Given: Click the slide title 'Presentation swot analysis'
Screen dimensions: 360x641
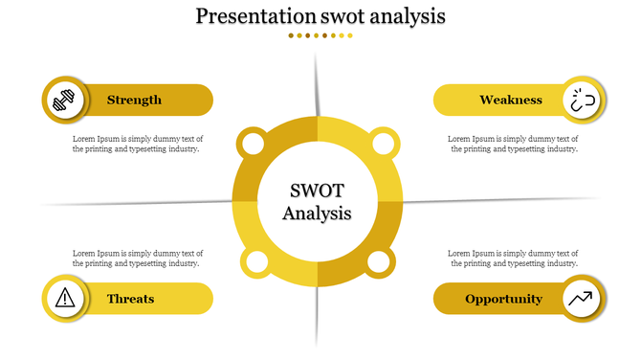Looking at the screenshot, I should [320, 16].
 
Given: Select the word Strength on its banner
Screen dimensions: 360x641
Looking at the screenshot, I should [134, 100].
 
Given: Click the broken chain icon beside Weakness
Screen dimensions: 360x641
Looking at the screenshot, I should [583, 100].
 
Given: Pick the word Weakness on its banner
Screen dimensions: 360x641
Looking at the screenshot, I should [511, 100].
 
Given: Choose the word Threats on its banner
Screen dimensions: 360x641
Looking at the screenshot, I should [130, 299].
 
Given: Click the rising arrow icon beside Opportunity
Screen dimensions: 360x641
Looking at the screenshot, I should [581, 299].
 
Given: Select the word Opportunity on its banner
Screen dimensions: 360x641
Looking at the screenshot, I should [503, 299].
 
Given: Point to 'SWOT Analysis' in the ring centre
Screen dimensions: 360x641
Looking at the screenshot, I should [317, 201].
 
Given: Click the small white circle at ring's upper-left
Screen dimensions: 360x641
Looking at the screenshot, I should [252, 145].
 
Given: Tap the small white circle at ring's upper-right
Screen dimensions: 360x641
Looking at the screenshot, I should [383, 145].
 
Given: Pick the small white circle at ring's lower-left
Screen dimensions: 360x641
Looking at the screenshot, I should [256, 262].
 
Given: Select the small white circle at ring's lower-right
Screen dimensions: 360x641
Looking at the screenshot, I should [379, 261].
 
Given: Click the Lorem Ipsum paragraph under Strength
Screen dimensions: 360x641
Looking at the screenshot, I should [138, 144].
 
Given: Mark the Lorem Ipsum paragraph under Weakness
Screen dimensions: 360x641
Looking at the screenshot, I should [513, 144].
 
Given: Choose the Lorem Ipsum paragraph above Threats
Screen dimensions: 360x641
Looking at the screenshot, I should [138, 258].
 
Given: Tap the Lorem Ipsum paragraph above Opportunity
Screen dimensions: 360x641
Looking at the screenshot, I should [513, 258].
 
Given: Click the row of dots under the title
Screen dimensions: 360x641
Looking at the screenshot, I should [320, 35].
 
